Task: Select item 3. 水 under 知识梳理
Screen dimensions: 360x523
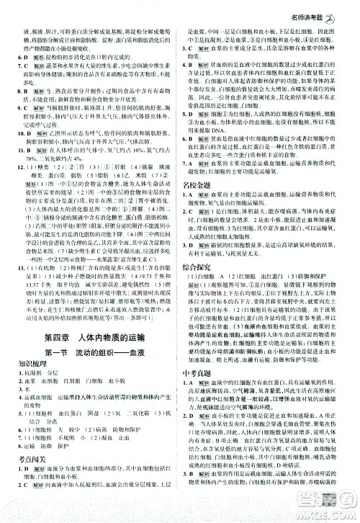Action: click(24, 407)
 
